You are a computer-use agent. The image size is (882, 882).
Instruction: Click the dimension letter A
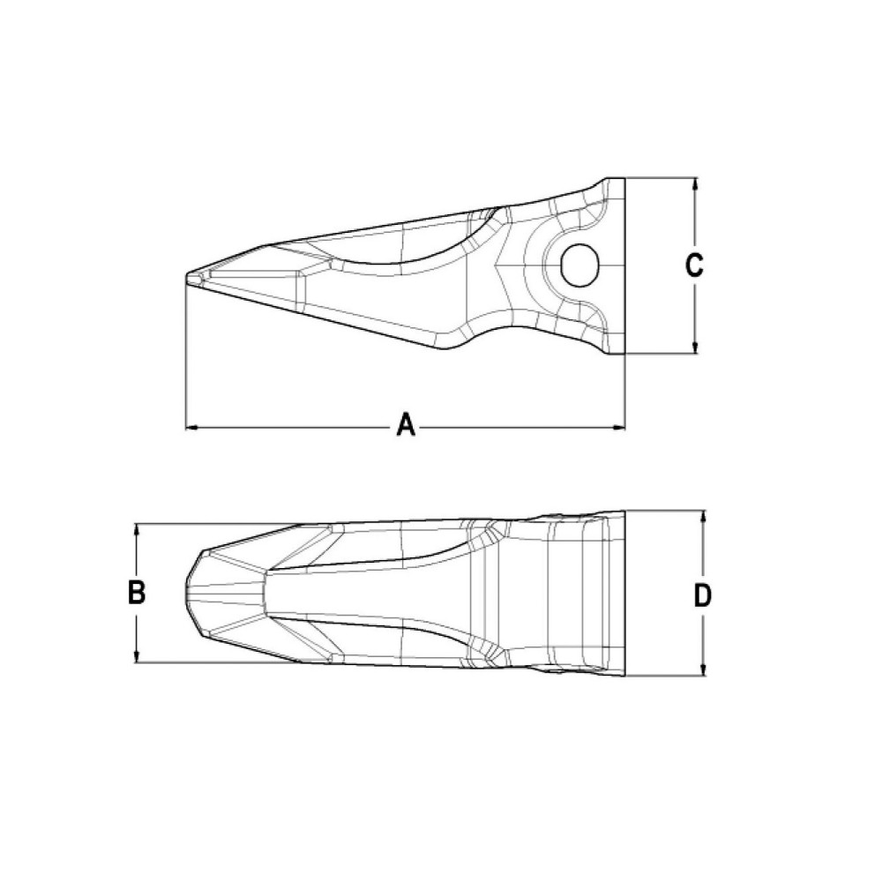pos(405,427)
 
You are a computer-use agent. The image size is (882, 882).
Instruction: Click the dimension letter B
pos(137,593)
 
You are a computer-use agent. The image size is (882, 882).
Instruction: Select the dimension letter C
pos(695,265)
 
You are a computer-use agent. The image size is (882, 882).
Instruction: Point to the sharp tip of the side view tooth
pos(188,277)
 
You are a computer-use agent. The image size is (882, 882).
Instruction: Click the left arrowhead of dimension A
pos(191,429)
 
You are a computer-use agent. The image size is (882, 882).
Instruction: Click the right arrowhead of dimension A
pos(619,429)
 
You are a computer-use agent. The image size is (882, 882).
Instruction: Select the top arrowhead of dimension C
pos(696,184)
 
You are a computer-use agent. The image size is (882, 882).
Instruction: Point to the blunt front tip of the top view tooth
pos(191,592)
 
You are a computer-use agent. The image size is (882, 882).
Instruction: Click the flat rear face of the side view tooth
pos(624,265)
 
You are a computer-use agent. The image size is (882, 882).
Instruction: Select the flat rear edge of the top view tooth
pos(625,593)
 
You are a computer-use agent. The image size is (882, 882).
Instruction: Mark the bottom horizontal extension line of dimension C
pos(661,354)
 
